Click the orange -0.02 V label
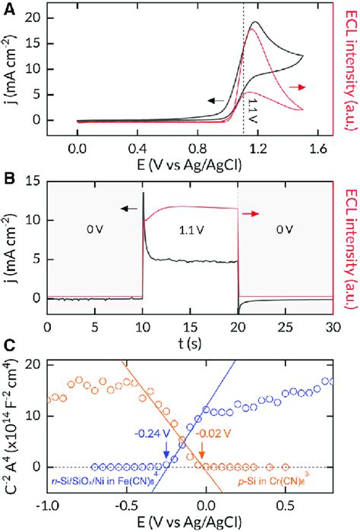(213, 435)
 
